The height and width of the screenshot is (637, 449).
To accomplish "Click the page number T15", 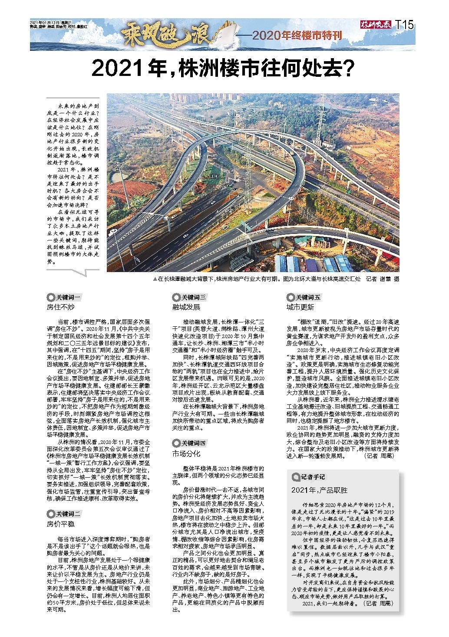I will [x=404, y=25].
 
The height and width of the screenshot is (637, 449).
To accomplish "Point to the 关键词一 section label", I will [x=64, y=298].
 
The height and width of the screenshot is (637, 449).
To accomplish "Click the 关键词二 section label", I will [x=64, y=514].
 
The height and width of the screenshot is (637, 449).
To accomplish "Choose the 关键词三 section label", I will [x=190, y=298].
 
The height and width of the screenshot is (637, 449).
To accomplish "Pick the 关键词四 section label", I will [x=190, y=443].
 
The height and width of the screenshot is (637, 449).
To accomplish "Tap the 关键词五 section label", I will [x=304, y=298].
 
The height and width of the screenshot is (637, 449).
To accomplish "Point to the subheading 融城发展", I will [x=186, y=307].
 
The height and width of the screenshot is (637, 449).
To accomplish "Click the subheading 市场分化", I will [x=186, y=453].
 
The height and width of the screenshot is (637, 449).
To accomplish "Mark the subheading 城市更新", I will [x=300, y=307].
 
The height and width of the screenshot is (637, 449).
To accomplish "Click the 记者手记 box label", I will [x=309, y=477].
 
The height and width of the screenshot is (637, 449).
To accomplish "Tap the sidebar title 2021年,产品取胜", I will [x=320, y=490].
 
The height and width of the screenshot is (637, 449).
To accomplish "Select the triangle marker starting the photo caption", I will [x=155, y=279].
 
